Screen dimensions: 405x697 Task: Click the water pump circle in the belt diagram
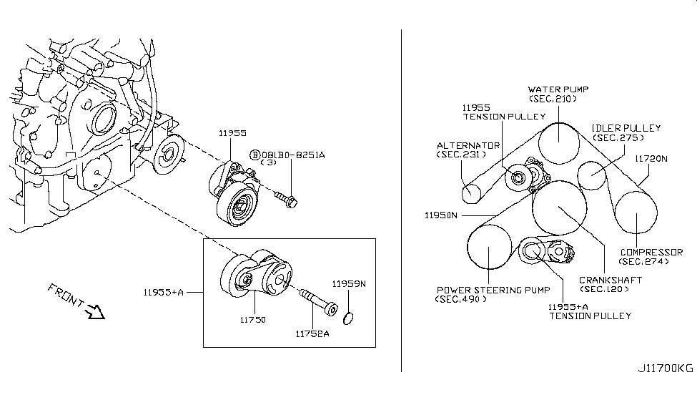point(557,142)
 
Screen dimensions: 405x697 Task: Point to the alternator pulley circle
point(471,192)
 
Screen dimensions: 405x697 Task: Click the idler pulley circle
point(593,175)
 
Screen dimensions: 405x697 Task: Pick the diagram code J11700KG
point(665,369)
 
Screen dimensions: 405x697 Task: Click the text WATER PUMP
point(558,89)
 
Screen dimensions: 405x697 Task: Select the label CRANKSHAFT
point(610,280)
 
